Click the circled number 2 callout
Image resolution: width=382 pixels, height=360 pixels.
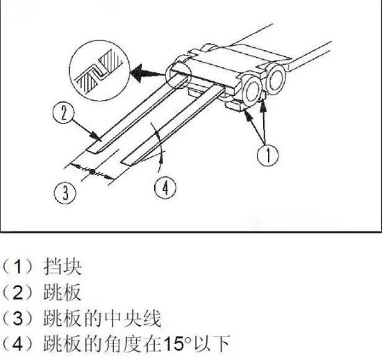click(x=63, y=113)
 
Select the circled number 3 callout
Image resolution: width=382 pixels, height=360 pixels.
click(x=65, y=193)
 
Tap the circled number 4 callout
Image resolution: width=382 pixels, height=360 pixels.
click(x=165, y=188)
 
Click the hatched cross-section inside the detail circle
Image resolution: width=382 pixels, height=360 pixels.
click(x=99, y=69)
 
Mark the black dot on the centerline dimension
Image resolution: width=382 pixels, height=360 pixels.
click(x=92, y=172)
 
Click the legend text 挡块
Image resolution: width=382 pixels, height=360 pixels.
click(x=63, y=267)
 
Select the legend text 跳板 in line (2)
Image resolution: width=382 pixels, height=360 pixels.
click(x=63, y=293)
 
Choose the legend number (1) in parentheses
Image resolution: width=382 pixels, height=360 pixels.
click(x=17, y=267)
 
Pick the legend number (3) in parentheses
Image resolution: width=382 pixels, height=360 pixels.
click(x=17, y=318)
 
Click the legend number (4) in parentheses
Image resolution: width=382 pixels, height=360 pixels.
click(x=17, y=344)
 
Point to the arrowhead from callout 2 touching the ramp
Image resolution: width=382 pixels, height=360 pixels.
click(x=97, y=136)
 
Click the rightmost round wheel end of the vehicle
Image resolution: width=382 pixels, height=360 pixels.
click(x=276, y=79)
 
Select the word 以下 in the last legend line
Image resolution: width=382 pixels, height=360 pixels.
click(x=211, y=344)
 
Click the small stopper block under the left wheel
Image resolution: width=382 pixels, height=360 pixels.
click(x=233, y=106)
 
